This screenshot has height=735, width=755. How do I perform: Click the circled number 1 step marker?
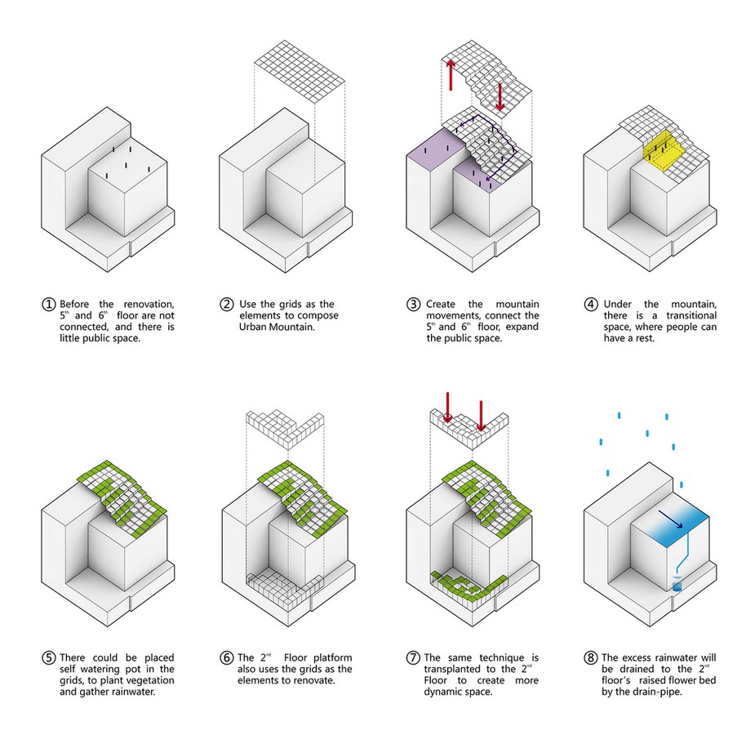(x=48, y=305)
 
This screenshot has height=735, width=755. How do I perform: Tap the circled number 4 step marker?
(x=591, y=305)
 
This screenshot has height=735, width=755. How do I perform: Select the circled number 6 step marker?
(x=227, y=658)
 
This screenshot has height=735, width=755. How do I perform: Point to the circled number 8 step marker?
(x=591, y=658)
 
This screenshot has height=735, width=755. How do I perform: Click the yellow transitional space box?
(x=664, y=149)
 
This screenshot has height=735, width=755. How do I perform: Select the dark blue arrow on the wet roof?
(x=671, y=519)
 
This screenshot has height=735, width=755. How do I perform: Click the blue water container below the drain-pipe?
(x=677, y=586)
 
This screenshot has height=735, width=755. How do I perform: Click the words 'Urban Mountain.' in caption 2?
(x=277, y=327)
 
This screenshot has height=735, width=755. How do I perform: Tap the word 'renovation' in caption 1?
(x=149, y=305)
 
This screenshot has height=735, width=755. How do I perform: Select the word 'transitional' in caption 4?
(x=691, y=315)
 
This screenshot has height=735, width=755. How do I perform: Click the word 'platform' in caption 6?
(x=332, y=658)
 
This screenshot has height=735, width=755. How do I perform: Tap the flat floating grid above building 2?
(x=300, y=71)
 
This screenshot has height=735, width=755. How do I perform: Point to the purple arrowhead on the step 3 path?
(x=462, y=125)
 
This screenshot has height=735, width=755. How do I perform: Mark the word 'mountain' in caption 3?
(x=517, y=305)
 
